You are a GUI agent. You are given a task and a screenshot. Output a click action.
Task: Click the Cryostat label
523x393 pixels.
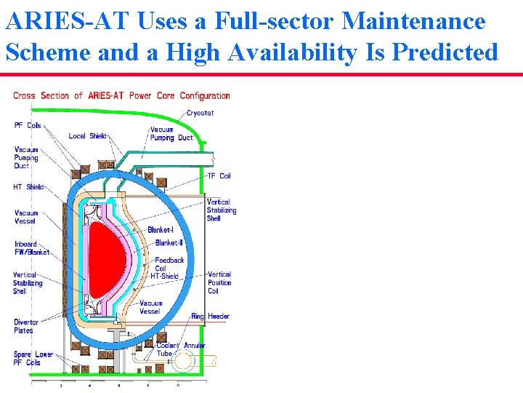click(x=200, y=113)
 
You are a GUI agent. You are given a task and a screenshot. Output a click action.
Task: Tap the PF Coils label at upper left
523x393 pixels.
click(x=28, y=125)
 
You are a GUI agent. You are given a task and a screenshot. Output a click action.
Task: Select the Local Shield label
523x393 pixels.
click(x=87, y=136)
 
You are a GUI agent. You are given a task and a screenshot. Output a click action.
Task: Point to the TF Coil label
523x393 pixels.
click(x=219, y=175)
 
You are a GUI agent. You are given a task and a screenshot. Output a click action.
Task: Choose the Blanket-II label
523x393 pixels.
click(x=169, y=243)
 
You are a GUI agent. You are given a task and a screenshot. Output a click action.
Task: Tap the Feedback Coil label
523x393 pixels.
click(x=170, y=264)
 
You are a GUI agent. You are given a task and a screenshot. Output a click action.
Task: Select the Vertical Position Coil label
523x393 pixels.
click(x=219, y=283)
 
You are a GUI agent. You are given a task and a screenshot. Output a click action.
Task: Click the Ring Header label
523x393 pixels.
click(x=210, y=317)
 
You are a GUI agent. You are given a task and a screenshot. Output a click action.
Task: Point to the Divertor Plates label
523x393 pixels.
click(x=23, y=326)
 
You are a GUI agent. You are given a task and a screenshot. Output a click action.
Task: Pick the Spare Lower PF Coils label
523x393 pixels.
click(x=33, y=359)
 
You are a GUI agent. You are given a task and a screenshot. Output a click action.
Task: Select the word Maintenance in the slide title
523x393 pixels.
click(x=413, y=21)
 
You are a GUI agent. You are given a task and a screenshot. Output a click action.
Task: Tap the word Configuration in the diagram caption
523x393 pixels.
click(x=205, y=96)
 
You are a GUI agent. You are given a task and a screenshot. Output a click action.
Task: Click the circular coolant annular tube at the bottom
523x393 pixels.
click(x=184, y=361)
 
